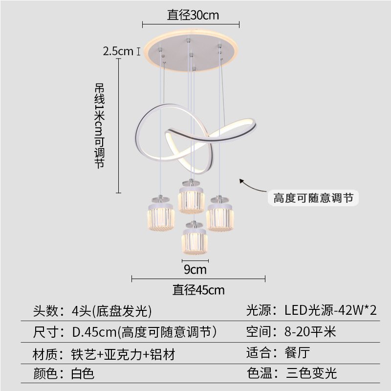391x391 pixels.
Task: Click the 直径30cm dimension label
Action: point(193,15)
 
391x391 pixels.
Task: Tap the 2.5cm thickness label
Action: point(118,51)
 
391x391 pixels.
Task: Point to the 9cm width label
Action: point(195,269)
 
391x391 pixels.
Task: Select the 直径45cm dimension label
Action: point(198,290)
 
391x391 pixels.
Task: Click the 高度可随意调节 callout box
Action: point(313,198)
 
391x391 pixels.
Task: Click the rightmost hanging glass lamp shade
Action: point(219,215)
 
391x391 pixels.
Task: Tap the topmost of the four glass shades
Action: point(190,198)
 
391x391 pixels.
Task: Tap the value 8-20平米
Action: point(310,332)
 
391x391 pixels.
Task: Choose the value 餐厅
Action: point(297,352)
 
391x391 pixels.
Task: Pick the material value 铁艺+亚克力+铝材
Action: point(123,354)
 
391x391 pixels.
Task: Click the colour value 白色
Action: point(83,374)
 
